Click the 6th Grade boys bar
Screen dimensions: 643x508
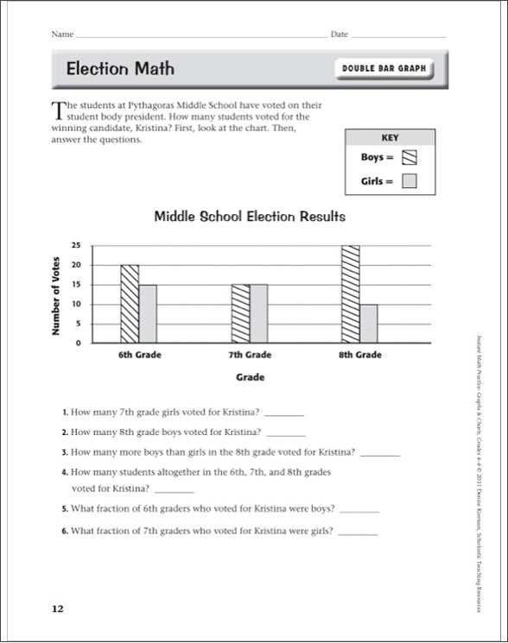coord(129,304)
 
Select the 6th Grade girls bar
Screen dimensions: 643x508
coord(148,313)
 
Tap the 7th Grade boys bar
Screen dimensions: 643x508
coord(239,313)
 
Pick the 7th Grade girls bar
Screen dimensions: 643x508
coord(258,313)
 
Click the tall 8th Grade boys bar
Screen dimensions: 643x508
coord(350,294)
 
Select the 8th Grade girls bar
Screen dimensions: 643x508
coord(369,323)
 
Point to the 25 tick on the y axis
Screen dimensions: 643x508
coord(76,246)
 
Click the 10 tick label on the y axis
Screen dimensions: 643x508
coord(76,304)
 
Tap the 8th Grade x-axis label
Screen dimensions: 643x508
coord(359,355)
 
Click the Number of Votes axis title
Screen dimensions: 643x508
coord(57,295)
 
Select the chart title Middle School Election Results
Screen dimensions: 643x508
coord(250,216)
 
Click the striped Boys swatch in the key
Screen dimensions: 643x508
coord(410,157)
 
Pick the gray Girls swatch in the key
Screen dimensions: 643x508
coord(410,181)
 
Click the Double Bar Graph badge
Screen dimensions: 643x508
coord(384,69)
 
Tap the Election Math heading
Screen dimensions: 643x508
coord(120,68)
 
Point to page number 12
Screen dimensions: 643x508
coord(57,609)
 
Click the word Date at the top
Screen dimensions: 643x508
coord(339,35)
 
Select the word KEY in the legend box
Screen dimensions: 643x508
coord(390,137)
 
